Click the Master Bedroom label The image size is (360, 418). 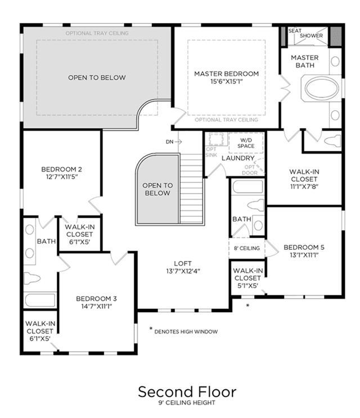(x=226, y=74)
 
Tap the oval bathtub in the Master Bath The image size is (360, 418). (x=322, y=88)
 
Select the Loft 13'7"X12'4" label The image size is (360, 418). (x=183, y=267)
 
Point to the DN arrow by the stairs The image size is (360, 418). (x=178, y=142)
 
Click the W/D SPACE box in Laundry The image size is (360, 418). (x=246, y=143)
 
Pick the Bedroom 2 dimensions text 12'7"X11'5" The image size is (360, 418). (x=62, y=177)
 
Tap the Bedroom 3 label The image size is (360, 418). (x=96, y=299)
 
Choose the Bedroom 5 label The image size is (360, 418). (x=304, y=248)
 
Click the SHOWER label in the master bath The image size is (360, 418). (x=311, y=35)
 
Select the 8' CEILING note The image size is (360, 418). (x=247, y=248)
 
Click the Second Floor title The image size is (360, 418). (x=187, y=392)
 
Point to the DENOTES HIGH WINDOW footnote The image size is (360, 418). (x=186, y=331)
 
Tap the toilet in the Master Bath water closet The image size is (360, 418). (x=332, y=141)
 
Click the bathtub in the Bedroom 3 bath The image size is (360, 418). (x=40, y=300)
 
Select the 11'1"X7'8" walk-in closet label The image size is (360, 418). (x=304, y=187)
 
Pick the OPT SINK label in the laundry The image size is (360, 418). (x=211, y=152)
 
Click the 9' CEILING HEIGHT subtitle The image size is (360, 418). (x=187, y=403)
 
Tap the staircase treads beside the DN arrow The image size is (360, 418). (x=191, y=188)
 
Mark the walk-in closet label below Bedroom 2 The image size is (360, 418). (x=80, y=235)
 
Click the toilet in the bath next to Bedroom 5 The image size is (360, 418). (x=255, y=205)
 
